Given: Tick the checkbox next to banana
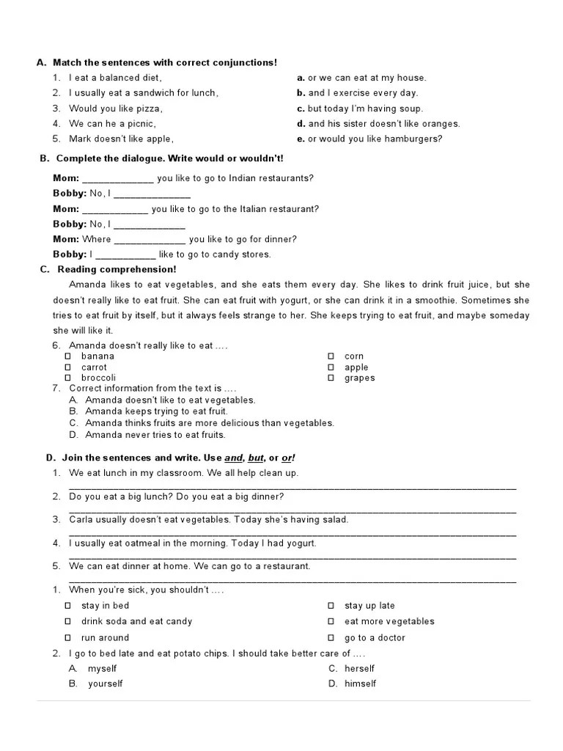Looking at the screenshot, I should (x=68, y=356).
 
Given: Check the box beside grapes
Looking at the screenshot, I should (x=331, y=378).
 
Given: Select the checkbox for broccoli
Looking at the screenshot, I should (x=68, y=378).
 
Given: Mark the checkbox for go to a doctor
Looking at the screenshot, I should (x=331, y=638).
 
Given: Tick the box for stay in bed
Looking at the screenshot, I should (x=68, y=606).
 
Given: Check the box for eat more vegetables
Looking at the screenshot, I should (x=331, y=622).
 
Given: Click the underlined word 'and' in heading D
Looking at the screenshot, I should (x=234, y=458).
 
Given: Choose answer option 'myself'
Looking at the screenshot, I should (x=102, y=669).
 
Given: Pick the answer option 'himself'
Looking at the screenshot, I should (x=360, y=684).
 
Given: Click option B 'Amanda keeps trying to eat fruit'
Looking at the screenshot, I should (x=156, y=411).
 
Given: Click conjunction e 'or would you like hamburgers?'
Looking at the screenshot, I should (x=375, y=139).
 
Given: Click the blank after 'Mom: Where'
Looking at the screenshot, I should (x=150, y=240).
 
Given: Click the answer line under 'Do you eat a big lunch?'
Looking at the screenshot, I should (x=292, y=510).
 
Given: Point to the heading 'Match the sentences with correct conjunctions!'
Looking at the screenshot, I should (x=165, y=63).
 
